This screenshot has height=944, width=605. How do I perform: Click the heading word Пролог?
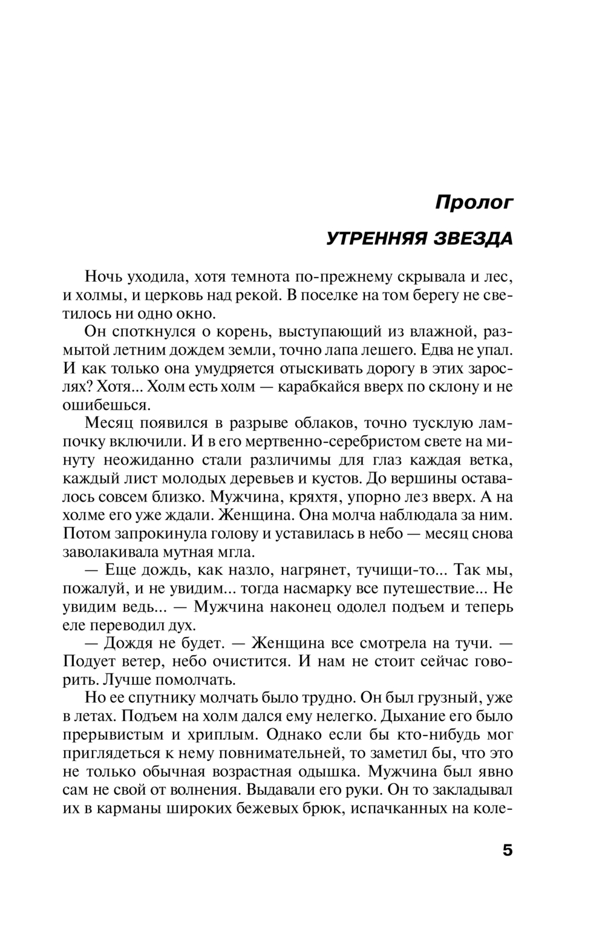(x=474, y=202)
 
